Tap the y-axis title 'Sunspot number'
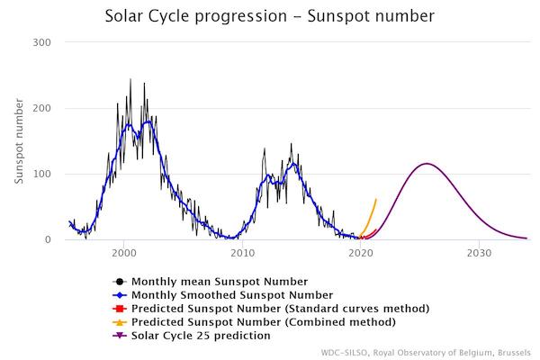pyautogui.click(x=19, y=140)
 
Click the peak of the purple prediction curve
pyautogui.click(x=427, y=164)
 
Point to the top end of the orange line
pyautogui.click(x=376, y=200)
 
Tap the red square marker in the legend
pyautogui.click(x=119, y=309)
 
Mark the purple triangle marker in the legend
pyautogui.click(x=119, y=336)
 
